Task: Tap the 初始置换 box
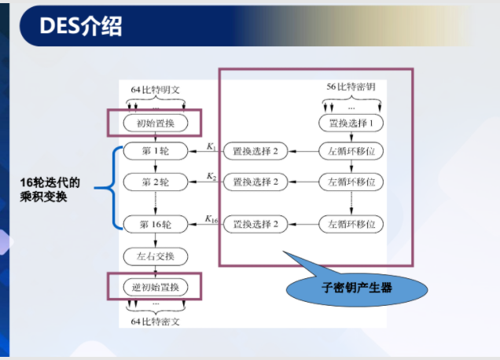(x=155, y=123)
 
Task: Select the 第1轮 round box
(x=155, y=150)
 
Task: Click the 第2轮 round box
(x=155, y=182)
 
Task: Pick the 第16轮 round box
(x=155, y=224)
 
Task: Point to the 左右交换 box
(x=155, y=256)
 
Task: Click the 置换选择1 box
(x=351, y=123)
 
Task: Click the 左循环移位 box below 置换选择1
(x=351, y=150)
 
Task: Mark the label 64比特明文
(x=155, y=90)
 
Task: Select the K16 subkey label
(x=212, y=219)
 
